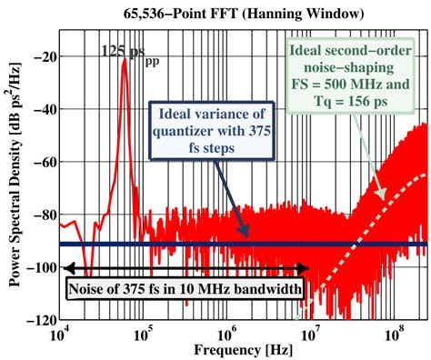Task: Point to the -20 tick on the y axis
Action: click(42, 55)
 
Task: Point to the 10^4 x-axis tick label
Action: click(60, 335)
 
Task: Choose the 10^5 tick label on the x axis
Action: click(144, 335)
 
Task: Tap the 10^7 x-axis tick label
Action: click(312, 335)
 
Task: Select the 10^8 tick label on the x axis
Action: click(396, 335)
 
